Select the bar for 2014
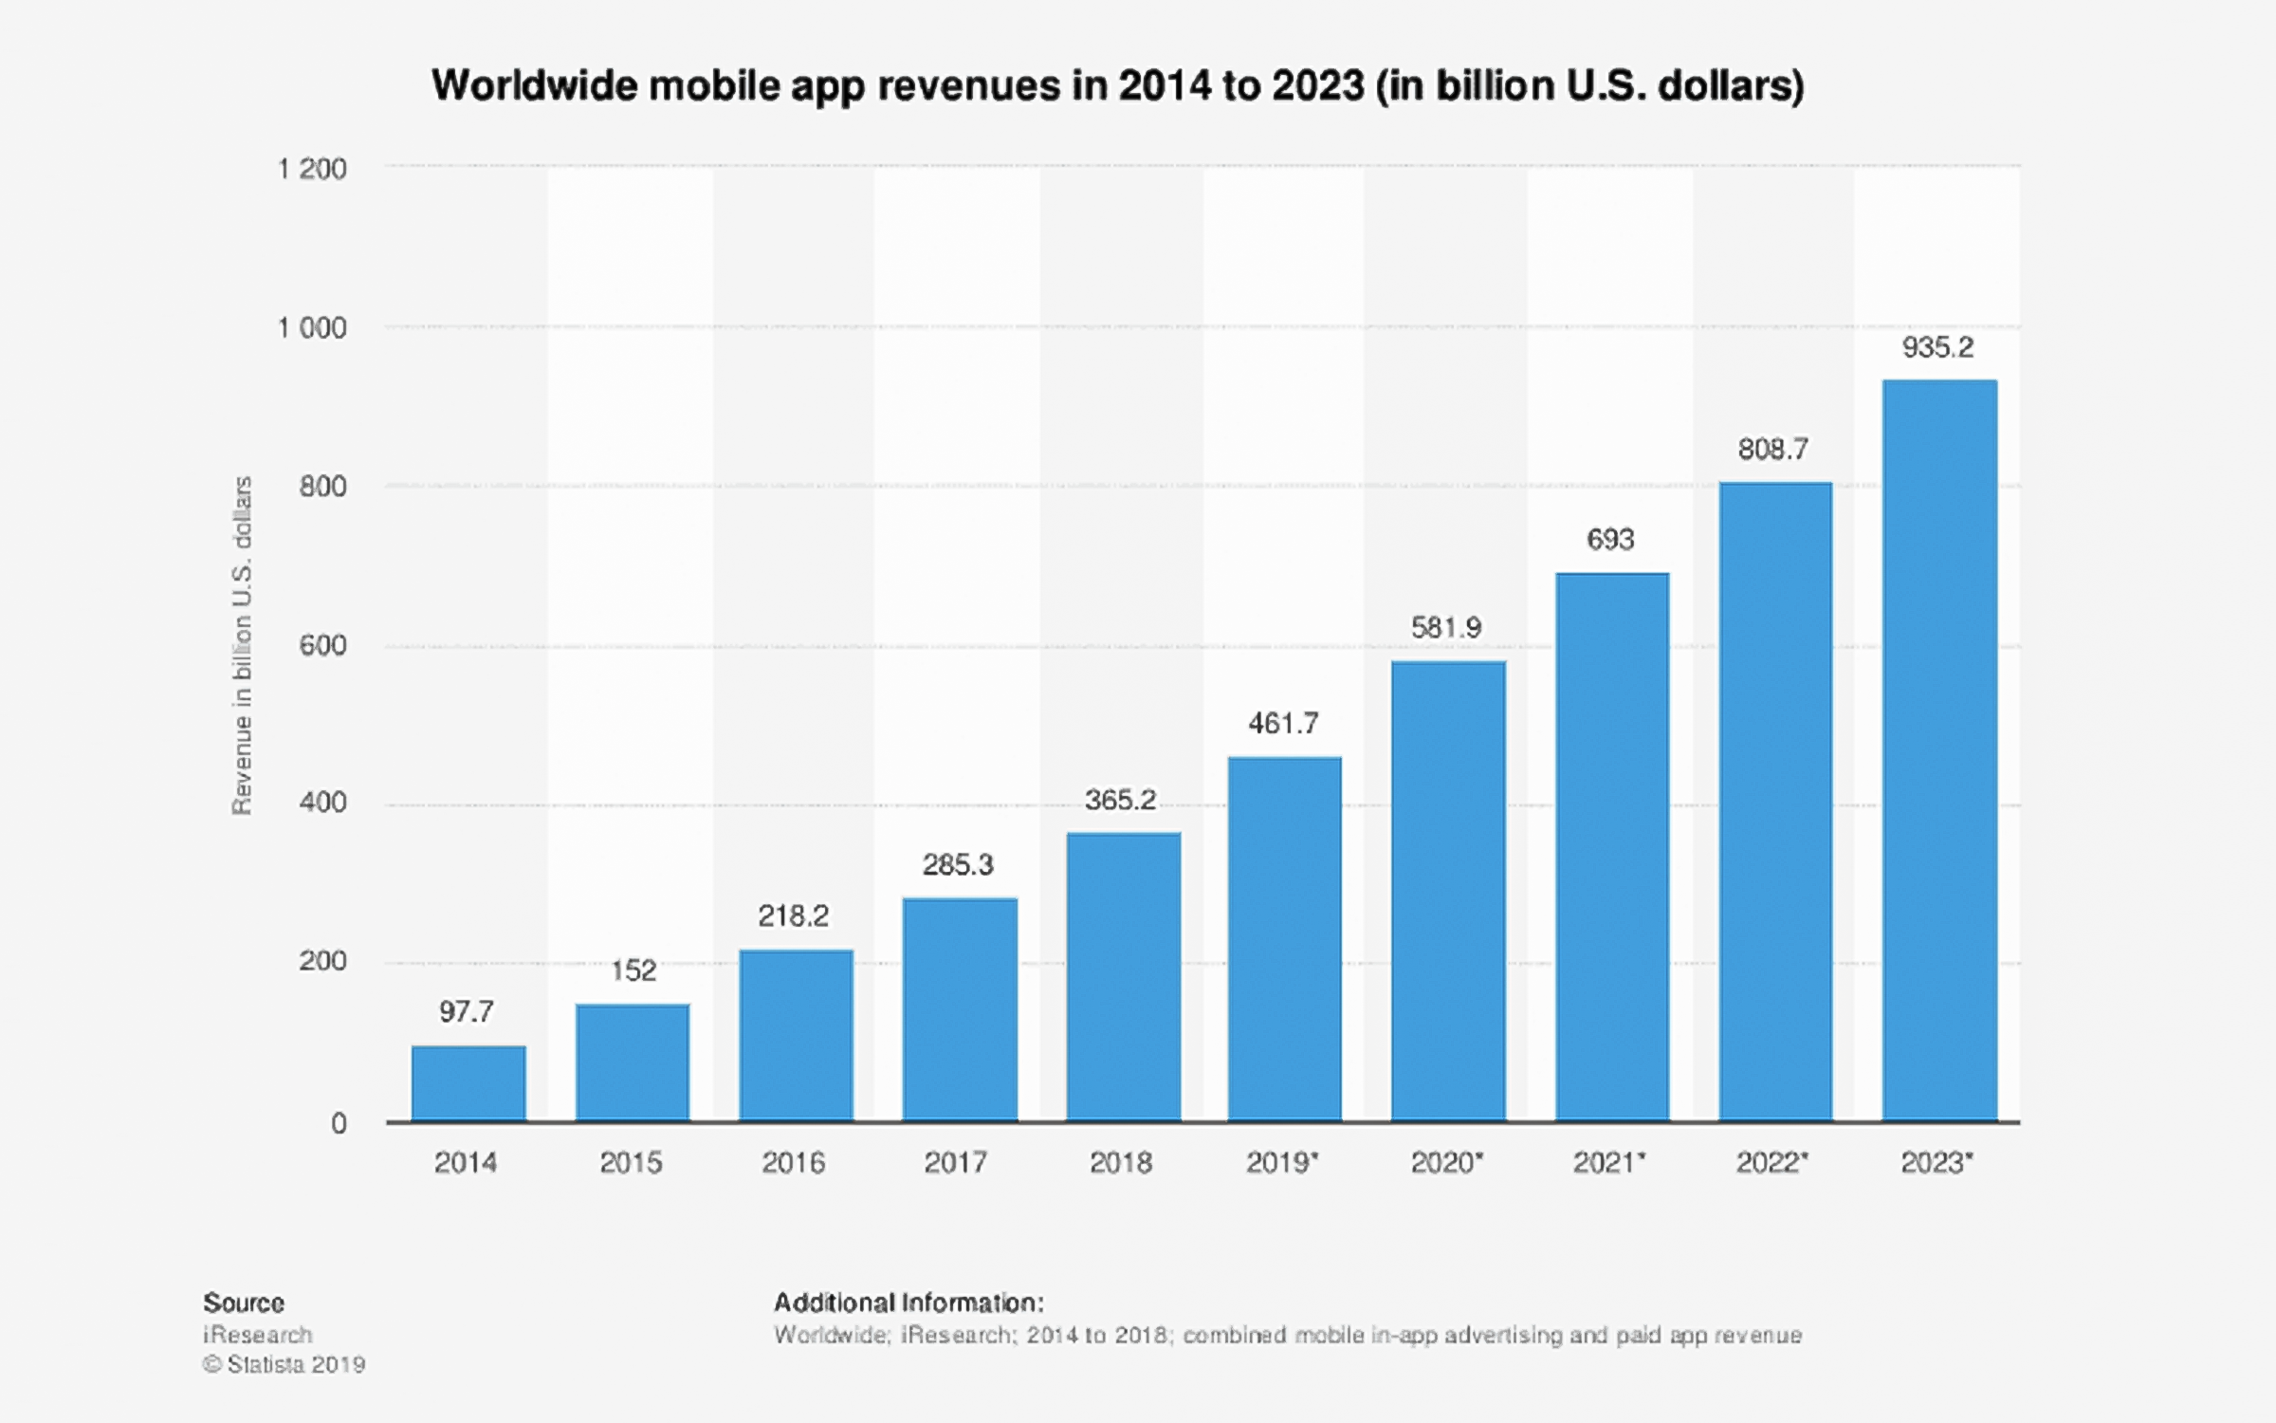click(468, 1083)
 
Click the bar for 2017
click(960, 1009)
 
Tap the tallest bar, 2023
click(1939, 750)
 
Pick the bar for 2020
click(1448, 891)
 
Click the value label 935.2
click(1937, 348)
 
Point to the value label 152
click(633, 970)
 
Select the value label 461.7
click(1283, 724)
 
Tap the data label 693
click(1610, 540)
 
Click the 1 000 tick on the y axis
click(312, 328)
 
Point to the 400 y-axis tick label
click(322, 803)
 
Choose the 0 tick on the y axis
click(339, 1124)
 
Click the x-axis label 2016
click(794, 1163)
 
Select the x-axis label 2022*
click(1771, 1163)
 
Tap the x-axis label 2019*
click(1282, 1163)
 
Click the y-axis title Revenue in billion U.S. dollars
click(243, 645)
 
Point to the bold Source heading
click(244, 1303)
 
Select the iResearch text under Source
click(257, 1335)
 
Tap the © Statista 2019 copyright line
click(284, 1364)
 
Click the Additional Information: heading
click(909, 1303)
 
